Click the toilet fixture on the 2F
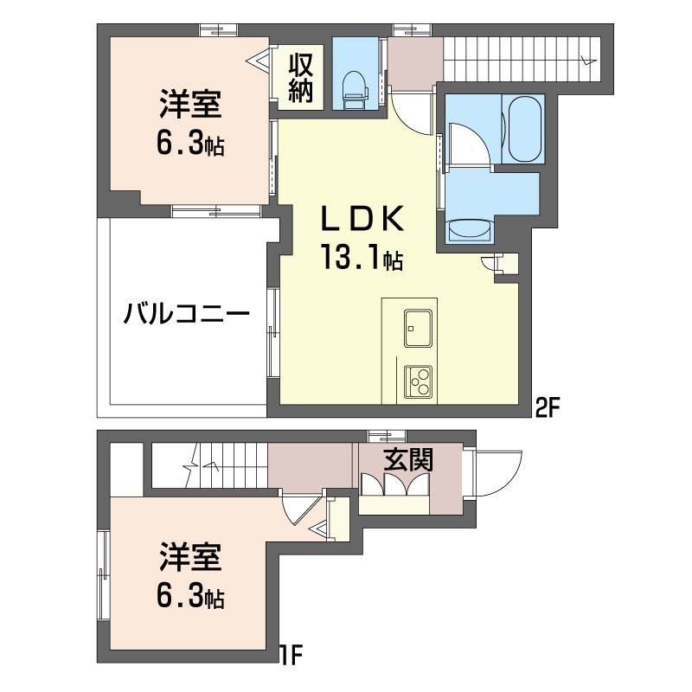(x=356, y=90)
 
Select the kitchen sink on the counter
(x=418, y=328)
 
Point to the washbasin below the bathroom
(x=469, y=230)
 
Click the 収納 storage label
(x=301, y=78)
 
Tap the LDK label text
(x=362, y=219)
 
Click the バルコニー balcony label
(x=187, y=315)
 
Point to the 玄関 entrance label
(x=407, y=459)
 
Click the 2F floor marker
(x=548, y=409)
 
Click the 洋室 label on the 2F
(x=190, y=104)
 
